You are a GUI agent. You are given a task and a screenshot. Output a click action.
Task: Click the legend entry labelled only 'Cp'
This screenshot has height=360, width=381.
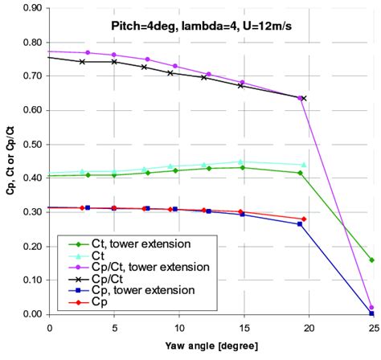(x=90, y=301)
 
